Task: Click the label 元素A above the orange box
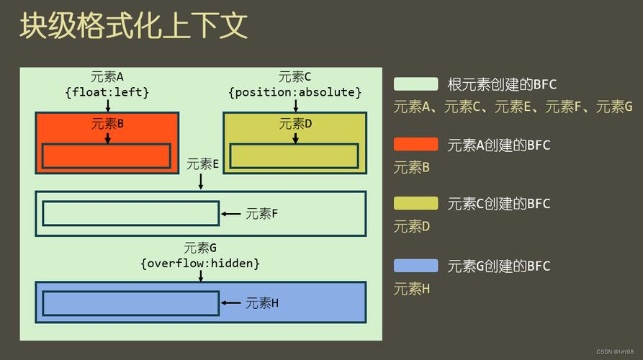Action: [107, 77]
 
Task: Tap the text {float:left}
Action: [107, 92]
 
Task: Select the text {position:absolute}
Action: [295, 92]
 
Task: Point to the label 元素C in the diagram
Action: [295, 77]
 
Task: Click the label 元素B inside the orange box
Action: [107, 123]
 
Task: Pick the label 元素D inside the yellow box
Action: [295, 123]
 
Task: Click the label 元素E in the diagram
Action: [202, 163]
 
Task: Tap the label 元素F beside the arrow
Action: [261, 214]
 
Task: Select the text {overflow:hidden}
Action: [200, 264]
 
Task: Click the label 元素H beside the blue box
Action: [262, 303]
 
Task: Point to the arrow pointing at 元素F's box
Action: [230, 214]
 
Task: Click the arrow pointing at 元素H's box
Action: [230, 303]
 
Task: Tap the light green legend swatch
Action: [415, 84]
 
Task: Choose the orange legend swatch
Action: [415, 144]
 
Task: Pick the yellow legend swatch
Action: [415, 203]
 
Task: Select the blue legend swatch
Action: [415, 266]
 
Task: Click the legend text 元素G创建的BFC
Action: [498, 266]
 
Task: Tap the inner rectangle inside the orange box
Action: [106, 156]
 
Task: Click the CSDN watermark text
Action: [617, 351]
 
